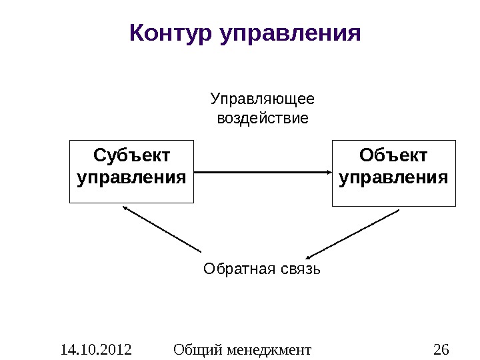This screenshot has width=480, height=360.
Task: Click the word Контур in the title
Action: (x=170, y=31)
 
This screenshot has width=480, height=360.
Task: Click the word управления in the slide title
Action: (x=290, y=33)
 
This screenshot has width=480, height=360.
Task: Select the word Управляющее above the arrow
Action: (x=263, y=100)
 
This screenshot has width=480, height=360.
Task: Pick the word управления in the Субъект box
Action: (x=131, y=179)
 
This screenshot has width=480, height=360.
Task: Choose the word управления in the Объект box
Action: (x=393, y=179)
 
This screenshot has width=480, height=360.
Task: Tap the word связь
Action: (x=301, y=269)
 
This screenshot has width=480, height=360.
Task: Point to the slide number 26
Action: (x=441, y=349)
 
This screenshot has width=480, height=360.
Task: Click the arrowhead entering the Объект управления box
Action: (x=329, y=172)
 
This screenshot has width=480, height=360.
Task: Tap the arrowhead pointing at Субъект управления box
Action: (x=125, y=208)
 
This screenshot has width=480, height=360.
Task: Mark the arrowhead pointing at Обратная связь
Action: (x=309, y=257)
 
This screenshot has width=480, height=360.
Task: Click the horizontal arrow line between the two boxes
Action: (x=260, y=172)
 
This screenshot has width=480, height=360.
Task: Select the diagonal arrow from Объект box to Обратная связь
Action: (x=353, y=233)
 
